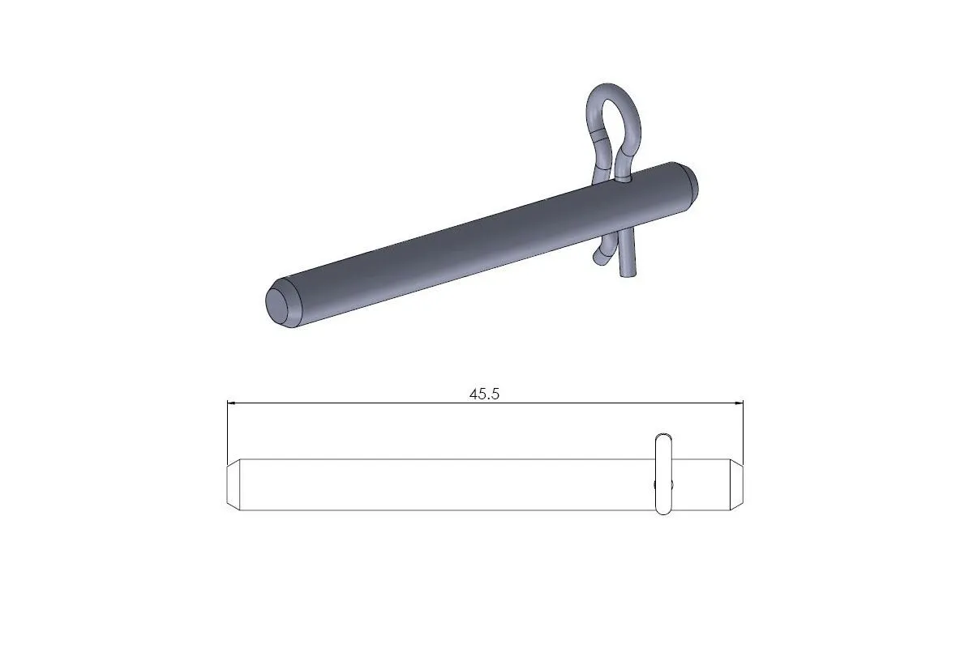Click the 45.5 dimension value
click(x=485, y=394)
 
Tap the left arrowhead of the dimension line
click(x=231, y=403)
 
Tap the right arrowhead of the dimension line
click(x=739, y=403)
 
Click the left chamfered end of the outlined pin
click(x=232, y=484)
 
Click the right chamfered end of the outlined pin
click(x=736, y=484)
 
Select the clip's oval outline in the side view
click(x=663, y=475)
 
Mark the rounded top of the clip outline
click(x=663, y=436)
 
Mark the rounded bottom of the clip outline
click(x=663, y=513)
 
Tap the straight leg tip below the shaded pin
click(x=628, y=274)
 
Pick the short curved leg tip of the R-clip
click(x=599, y=258)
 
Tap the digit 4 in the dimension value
click(x=474, y=394)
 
